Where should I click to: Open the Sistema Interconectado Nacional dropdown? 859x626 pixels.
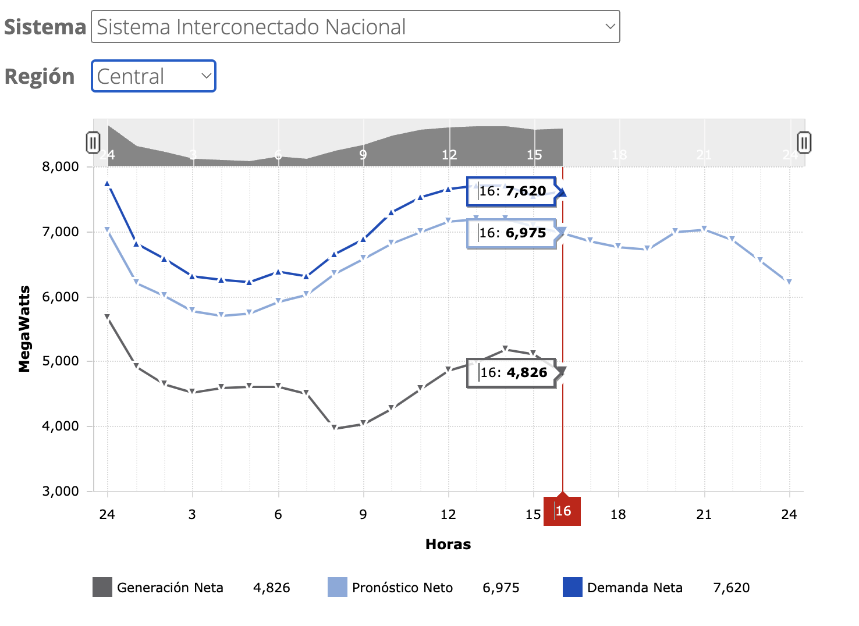tap(355, 27)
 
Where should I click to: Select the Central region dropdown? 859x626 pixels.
tap(154, 76)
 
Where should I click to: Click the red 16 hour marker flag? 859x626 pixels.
tap(562, 511)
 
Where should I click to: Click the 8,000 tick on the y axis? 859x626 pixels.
tap(60, 167)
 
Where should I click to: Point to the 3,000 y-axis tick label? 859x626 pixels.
tap(60, 492)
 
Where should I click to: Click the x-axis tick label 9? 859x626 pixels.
tap(363, 514)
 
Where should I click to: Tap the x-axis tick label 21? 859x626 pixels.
tap(704, 514)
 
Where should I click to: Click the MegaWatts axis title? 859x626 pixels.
tap(24, 329)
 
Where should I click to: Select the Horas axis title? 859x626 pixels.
tap(448, 545)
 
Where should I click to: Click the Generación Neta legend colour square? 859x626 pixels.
tap(102, 587)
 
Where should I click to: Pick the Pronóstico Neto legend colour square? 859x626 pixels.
tap(338, 587)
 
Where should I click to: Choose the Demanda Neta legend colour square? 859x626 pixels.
tap(573, 587)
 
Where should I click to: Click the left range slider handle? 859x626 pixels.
tap(93, 143)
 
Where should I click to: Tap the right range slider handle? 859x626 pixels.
tap(804, 143)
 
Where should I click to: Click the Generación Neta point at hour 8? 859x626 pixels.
tap(335, 428)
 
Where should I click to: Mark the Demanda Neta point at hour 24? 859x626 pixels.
tap(108, 184)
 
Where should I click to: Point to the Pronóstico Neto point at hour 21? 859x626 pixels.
tap(704, 229)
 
